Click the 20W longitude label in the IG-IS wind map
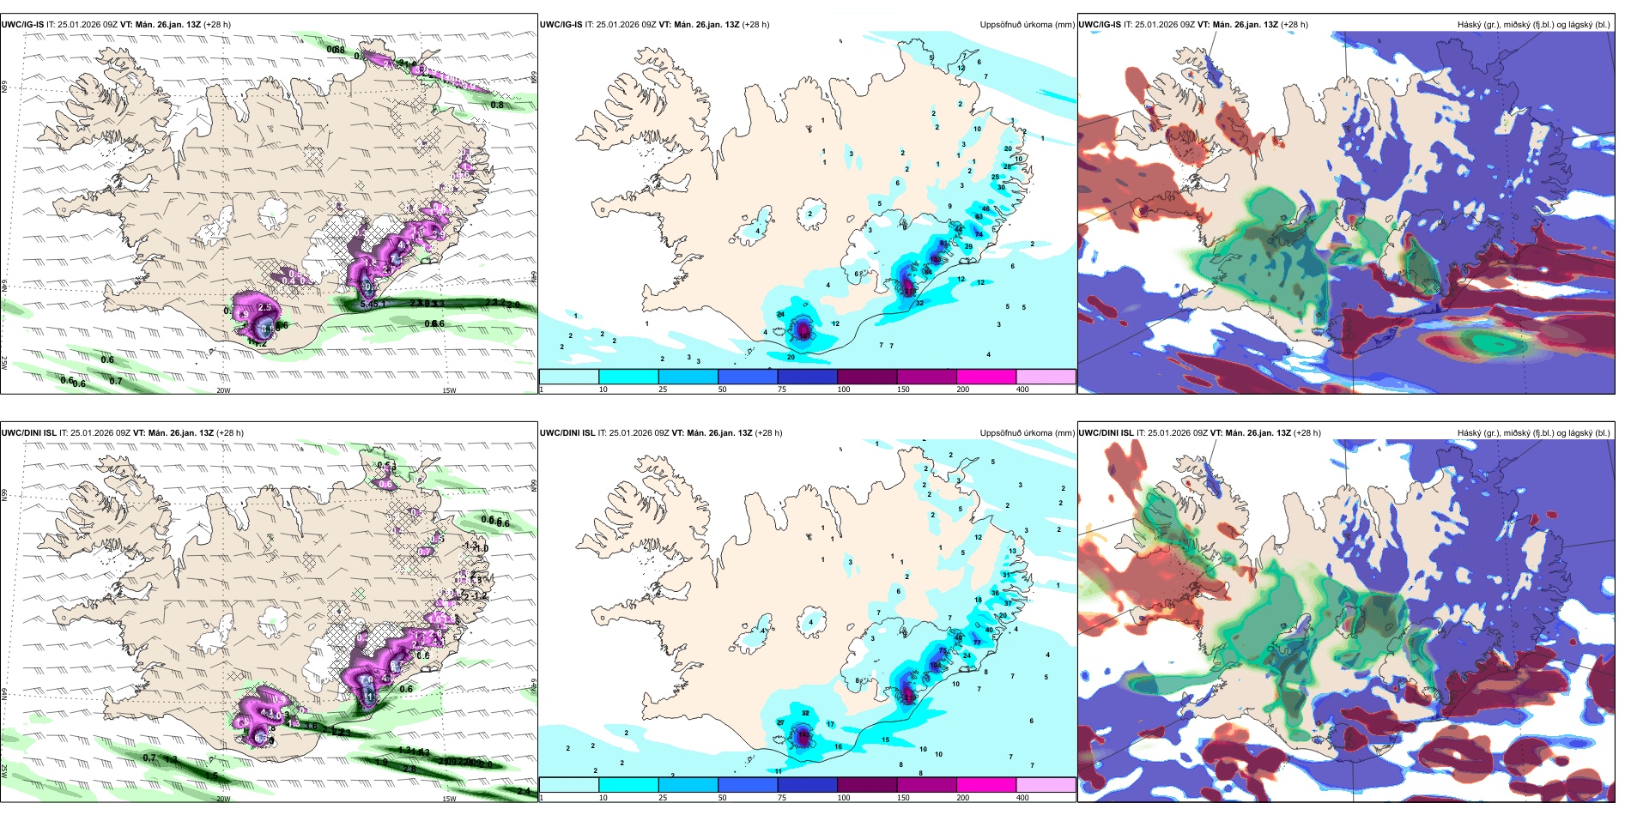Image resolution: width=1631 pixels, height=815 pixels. [223, 390]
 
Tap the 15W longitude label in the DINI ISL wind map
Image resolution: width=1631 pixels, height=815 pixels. [449, 799]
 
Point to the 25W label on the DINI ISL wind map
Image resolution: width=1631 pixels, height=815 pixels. [5, 771]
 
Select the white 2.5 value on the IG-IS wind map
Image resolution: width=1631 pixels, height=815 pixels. [264, 307]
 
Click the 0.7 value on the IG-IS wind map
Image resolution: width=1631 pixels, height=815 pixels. [116, 381]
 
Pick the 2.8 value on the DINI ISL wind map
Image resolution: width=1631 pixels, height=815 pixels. [409, 769]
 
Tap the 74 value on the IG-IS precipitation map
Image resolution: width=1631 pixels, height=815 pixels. [979, 233]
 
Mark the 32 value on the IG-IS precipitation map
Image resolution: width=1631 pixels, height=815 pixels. [919, 303]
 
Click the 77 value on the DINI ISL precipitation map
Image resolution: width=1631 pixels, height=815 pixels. [977, 643]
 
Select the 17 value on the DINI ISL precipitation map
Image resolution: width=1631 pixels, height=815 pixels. [830, 725]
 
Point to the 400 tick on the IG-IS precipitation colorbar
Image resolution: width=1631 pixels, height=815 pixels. [1022, 389]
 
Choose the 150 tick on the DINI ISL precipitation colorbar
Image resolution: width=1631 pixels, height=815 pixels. [903, 798]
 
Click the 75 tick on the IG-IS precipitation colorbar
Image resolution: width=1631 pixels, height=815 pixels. [782, 389]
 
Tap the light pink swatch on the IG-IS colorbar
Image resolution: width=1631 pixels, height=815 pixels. [1046, 377]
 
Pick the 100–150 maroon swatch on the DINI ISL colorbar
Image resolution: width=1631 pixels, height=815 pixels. [867, 785]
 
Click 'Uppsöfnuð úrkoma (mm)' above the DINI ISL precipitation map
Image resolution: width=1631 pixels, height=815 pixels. [1027, 433]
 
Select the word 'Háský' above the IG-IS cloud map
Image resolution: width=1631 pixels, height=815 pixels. [1470, 25]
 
